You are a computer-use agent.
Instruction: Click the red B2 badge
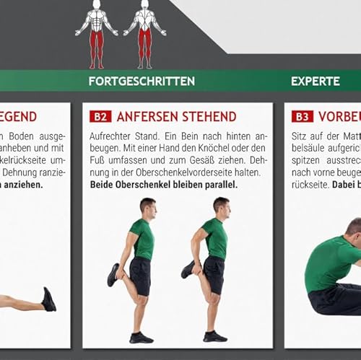(100, 116)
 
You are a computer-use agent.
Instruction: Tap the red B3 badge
(303, 116)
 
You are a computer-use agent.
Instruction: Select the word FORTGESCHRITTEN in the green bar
(142, 81)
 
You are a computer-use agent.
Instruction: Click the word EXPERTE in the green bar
(316, 81)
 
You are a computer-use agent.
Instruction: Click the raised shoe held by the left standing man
(113, 275)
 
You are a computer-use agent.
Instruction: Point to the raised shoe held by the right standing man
(188, 269)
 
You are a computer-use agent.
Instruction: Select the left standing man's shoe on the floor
(141, 338)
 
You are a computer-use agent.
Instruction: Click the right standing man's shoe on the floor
(214, 336)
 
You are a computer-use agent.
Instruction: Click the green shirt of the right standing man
(214, 238)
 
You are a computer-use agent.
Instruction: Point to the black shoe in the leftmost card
(48, 299)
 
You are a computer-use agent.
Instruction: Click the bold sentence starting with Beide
(163, 184)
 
